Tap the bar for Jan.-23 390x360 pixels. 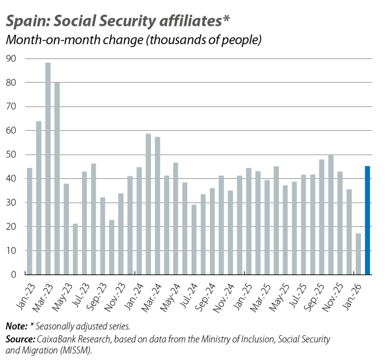pos(29,221)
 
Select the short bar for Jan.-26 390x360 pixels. pos(358,254)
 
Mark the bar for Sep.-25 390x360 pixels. pos(322,217)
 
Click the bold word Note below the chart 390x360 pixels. pos(15,326)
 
